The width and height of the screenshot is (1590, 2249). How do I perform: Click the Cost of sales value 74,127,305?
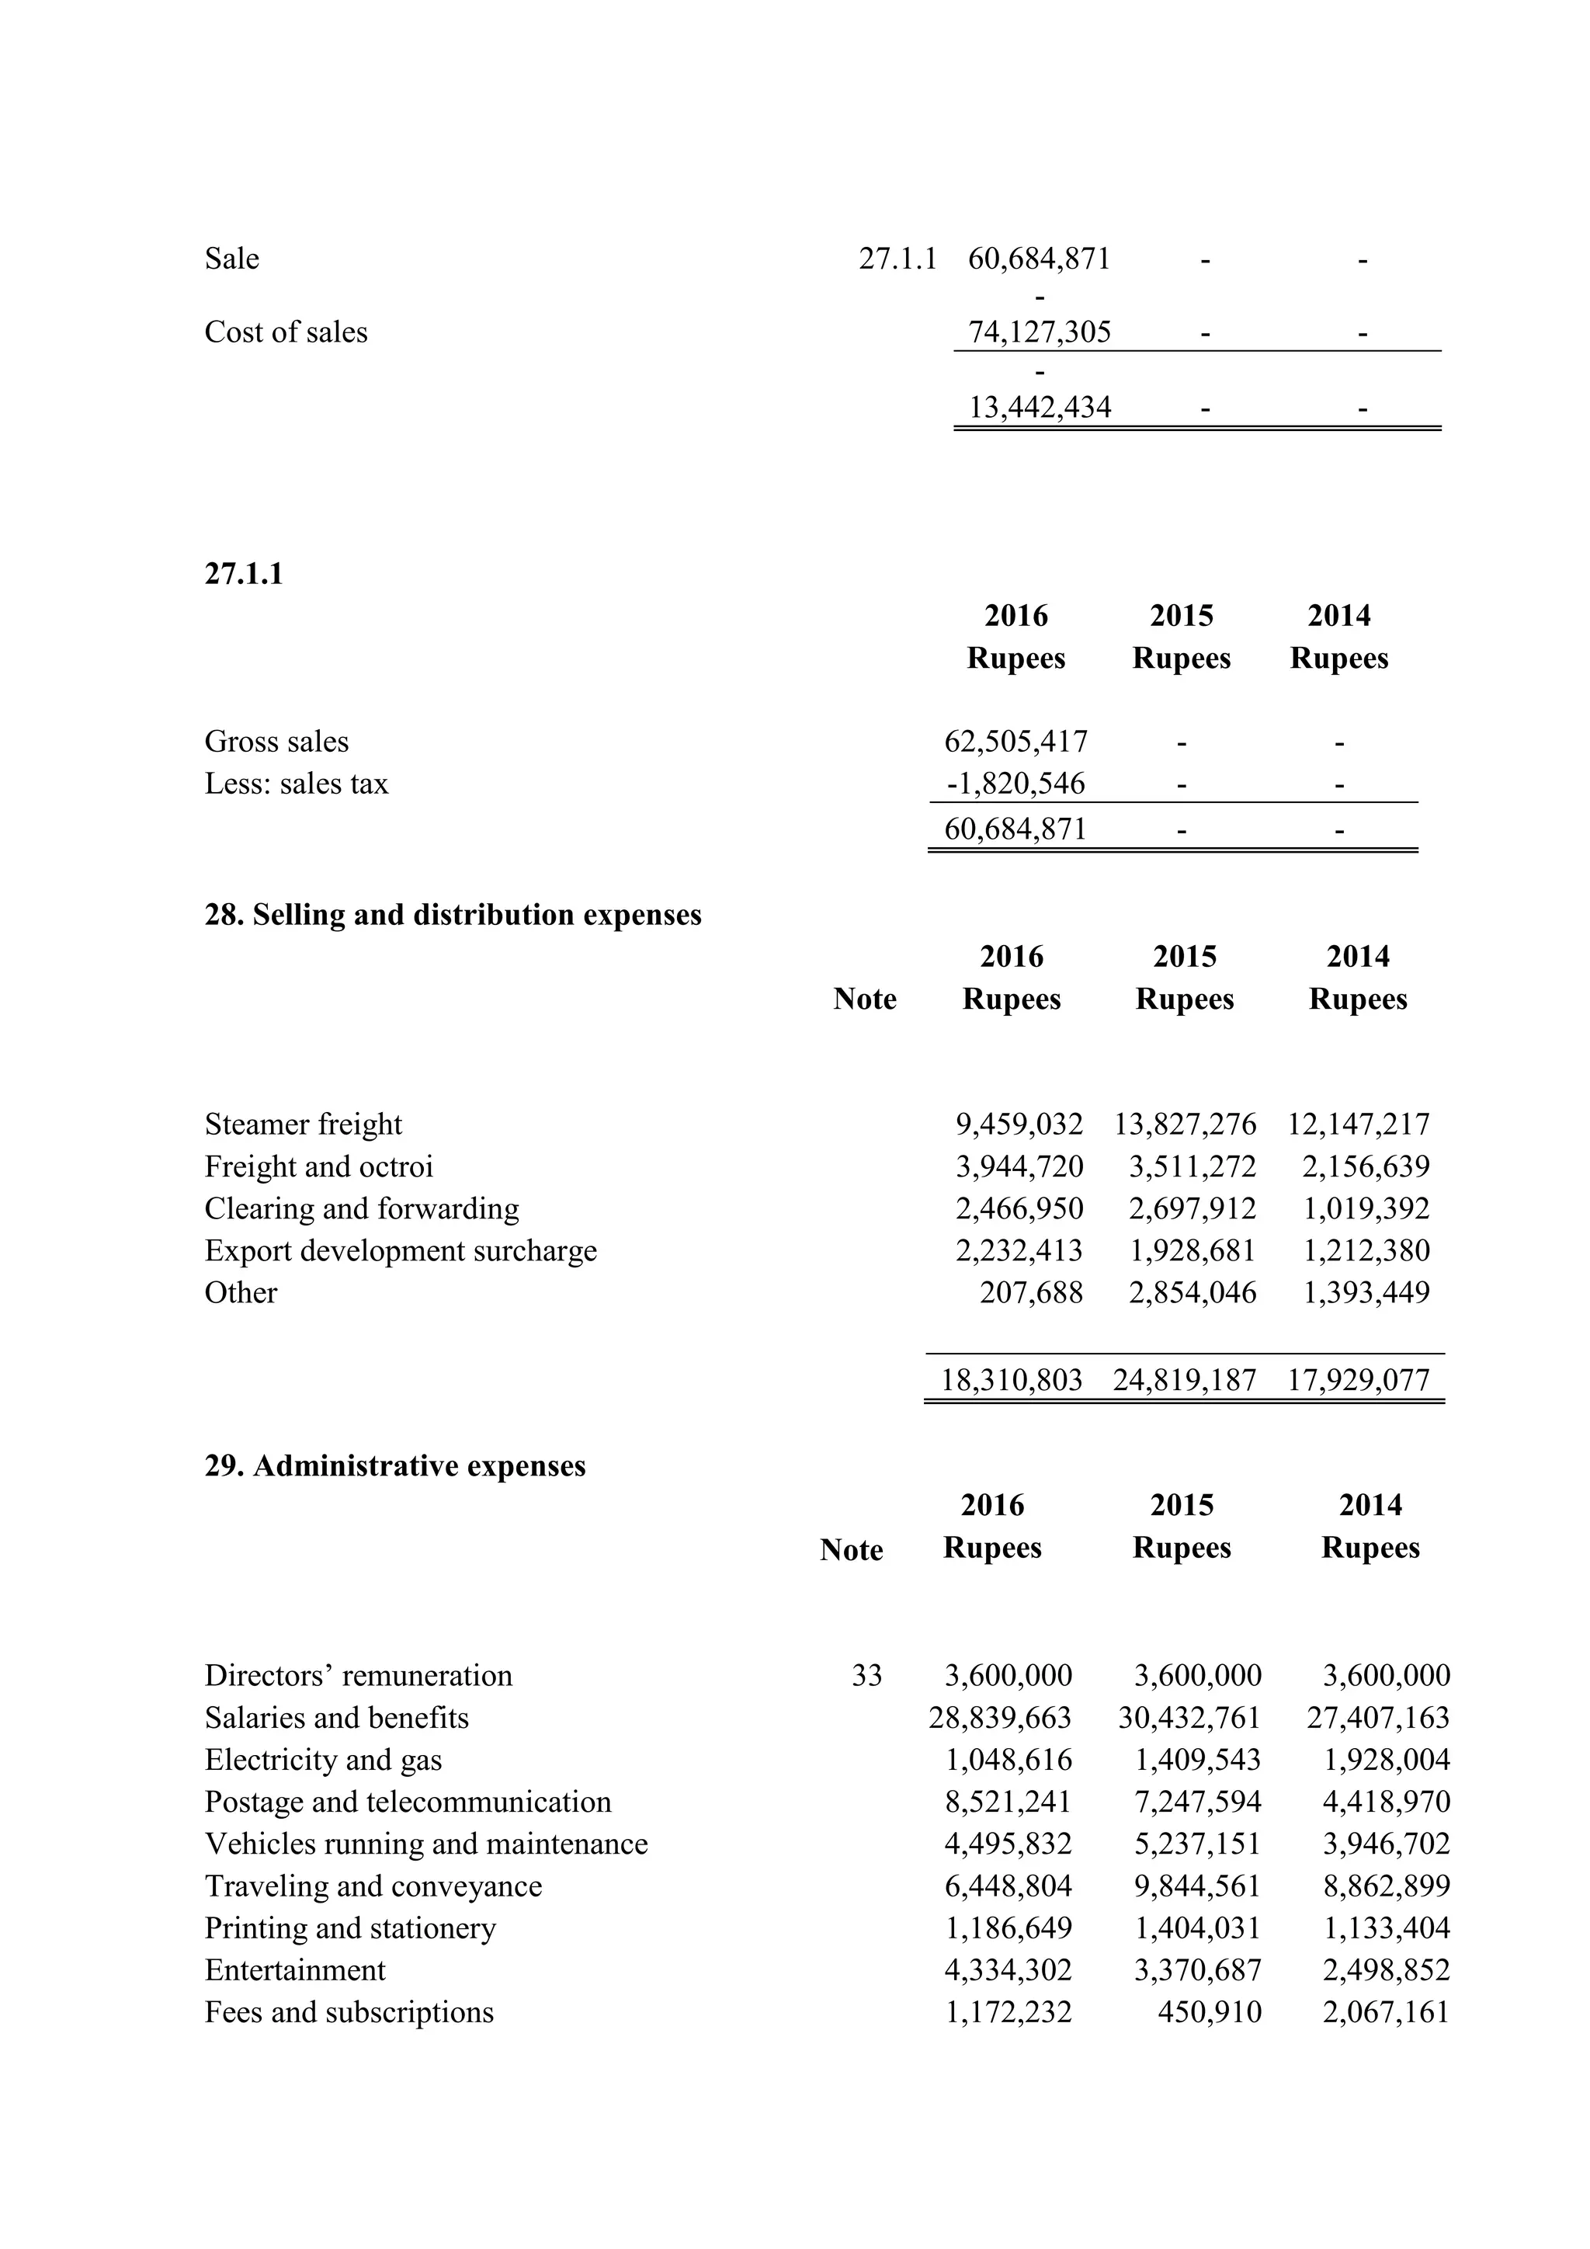coord(1039,332)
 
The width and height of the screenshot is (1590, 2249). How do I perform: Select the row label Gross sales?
coord(276,742)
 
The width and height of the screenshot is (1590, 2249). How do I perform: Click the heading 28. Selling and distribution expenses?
coord(453,915)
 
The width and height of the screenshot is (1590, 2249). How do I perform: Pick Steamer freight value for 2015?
coord(1185,1124)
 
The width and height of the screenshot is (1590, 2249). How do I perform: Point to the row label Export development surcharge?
coord(401,1251)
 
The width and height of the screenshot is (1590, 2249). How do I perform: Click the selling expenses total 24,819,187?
coord(1184,1380)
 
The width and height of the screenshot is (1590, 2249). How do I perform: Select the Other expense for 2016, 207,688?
coord(1031,1293)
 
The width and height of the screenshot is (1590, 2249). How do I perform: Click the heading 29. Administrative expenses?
coord(394,1466)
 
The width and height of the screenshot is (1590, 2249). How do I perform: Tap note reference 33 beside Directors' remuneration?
coord(866,1676)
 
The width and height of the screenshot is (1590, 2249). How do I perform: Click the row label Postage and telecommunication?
coord(408,1802)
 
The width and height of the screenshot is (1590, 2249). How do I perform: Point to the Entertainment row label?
coord(295,1971)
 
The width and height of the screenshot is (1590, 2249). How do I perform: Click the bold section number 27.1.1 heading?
coord(244,574)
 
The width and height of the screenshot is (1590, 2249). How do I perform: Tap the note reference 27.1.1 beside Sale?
coord(897,259)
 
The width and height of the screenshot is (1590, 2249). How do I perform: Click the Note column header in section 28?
coord(865,999)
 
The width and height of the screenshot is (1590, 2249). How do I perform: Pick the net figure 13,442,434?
coord(1039,408)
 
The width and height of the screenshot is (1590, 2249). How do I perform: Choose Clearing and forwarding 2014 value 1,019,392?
coord(1366,1208)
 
